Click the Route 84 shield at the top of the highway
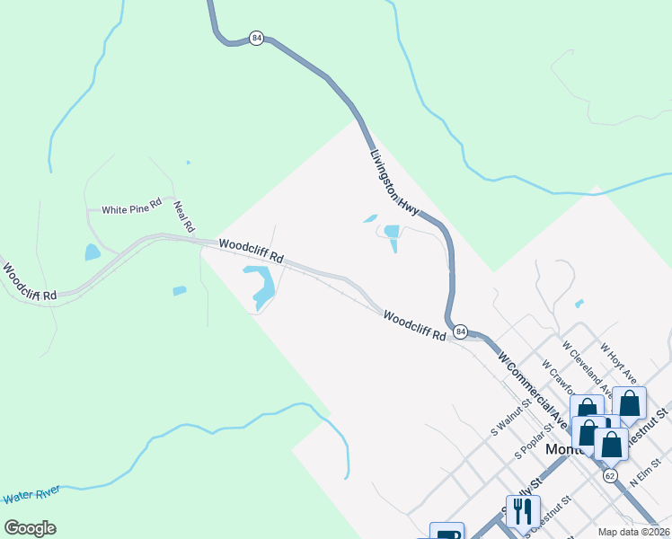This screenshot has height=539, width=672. point(257,39)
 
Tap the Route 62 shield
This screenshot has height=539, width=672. point(610,474)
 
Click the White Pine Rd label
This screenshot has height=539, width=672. point(131,208)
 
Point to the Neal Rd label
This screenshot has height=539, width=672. point(184,216)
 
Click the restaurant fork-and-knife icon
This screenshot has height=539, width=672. point(522,511)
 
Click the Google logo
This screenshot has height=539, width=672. point(30,528)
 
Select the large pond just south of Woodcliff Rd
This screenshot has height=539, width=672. point(263,286)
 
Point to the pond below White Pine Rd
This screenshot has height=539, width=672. point(93,252)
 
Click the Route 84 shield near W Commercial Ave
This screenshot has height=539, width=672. point(460,331)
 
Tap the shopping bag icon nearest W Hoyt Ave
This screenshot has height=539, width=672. point(629,403)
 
